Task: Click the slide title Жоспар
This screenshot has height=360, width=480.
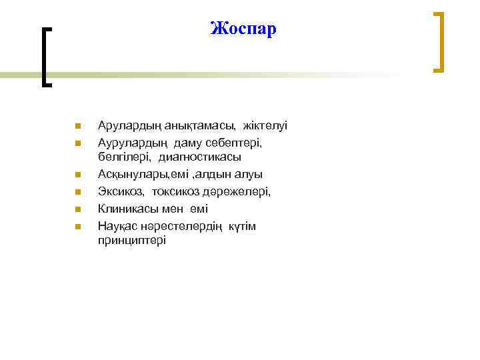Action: tap(242, 29)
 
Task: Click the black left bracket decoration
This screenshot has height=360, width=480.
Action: tap(45, 57)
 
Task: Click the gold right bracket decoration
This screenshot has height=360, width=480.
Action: tap(439, 41)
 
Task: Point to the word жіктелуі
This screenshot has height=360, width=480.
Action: tap(265, 125)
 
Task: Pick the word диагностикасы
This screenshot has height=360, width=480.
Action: tap(200, 157)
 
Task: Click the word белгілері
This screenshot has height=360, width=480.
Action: tap(125, 157)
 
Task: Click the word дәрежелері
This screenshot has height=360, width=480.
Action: tap(238, 192)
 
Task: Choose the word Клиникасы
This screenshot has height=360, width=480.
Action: tap(125, 209)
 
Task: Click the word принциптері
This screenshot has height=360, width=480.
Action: tap(131, 241)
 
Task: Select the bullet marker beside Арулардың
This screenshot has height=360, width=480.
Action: tap(77, 126)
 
